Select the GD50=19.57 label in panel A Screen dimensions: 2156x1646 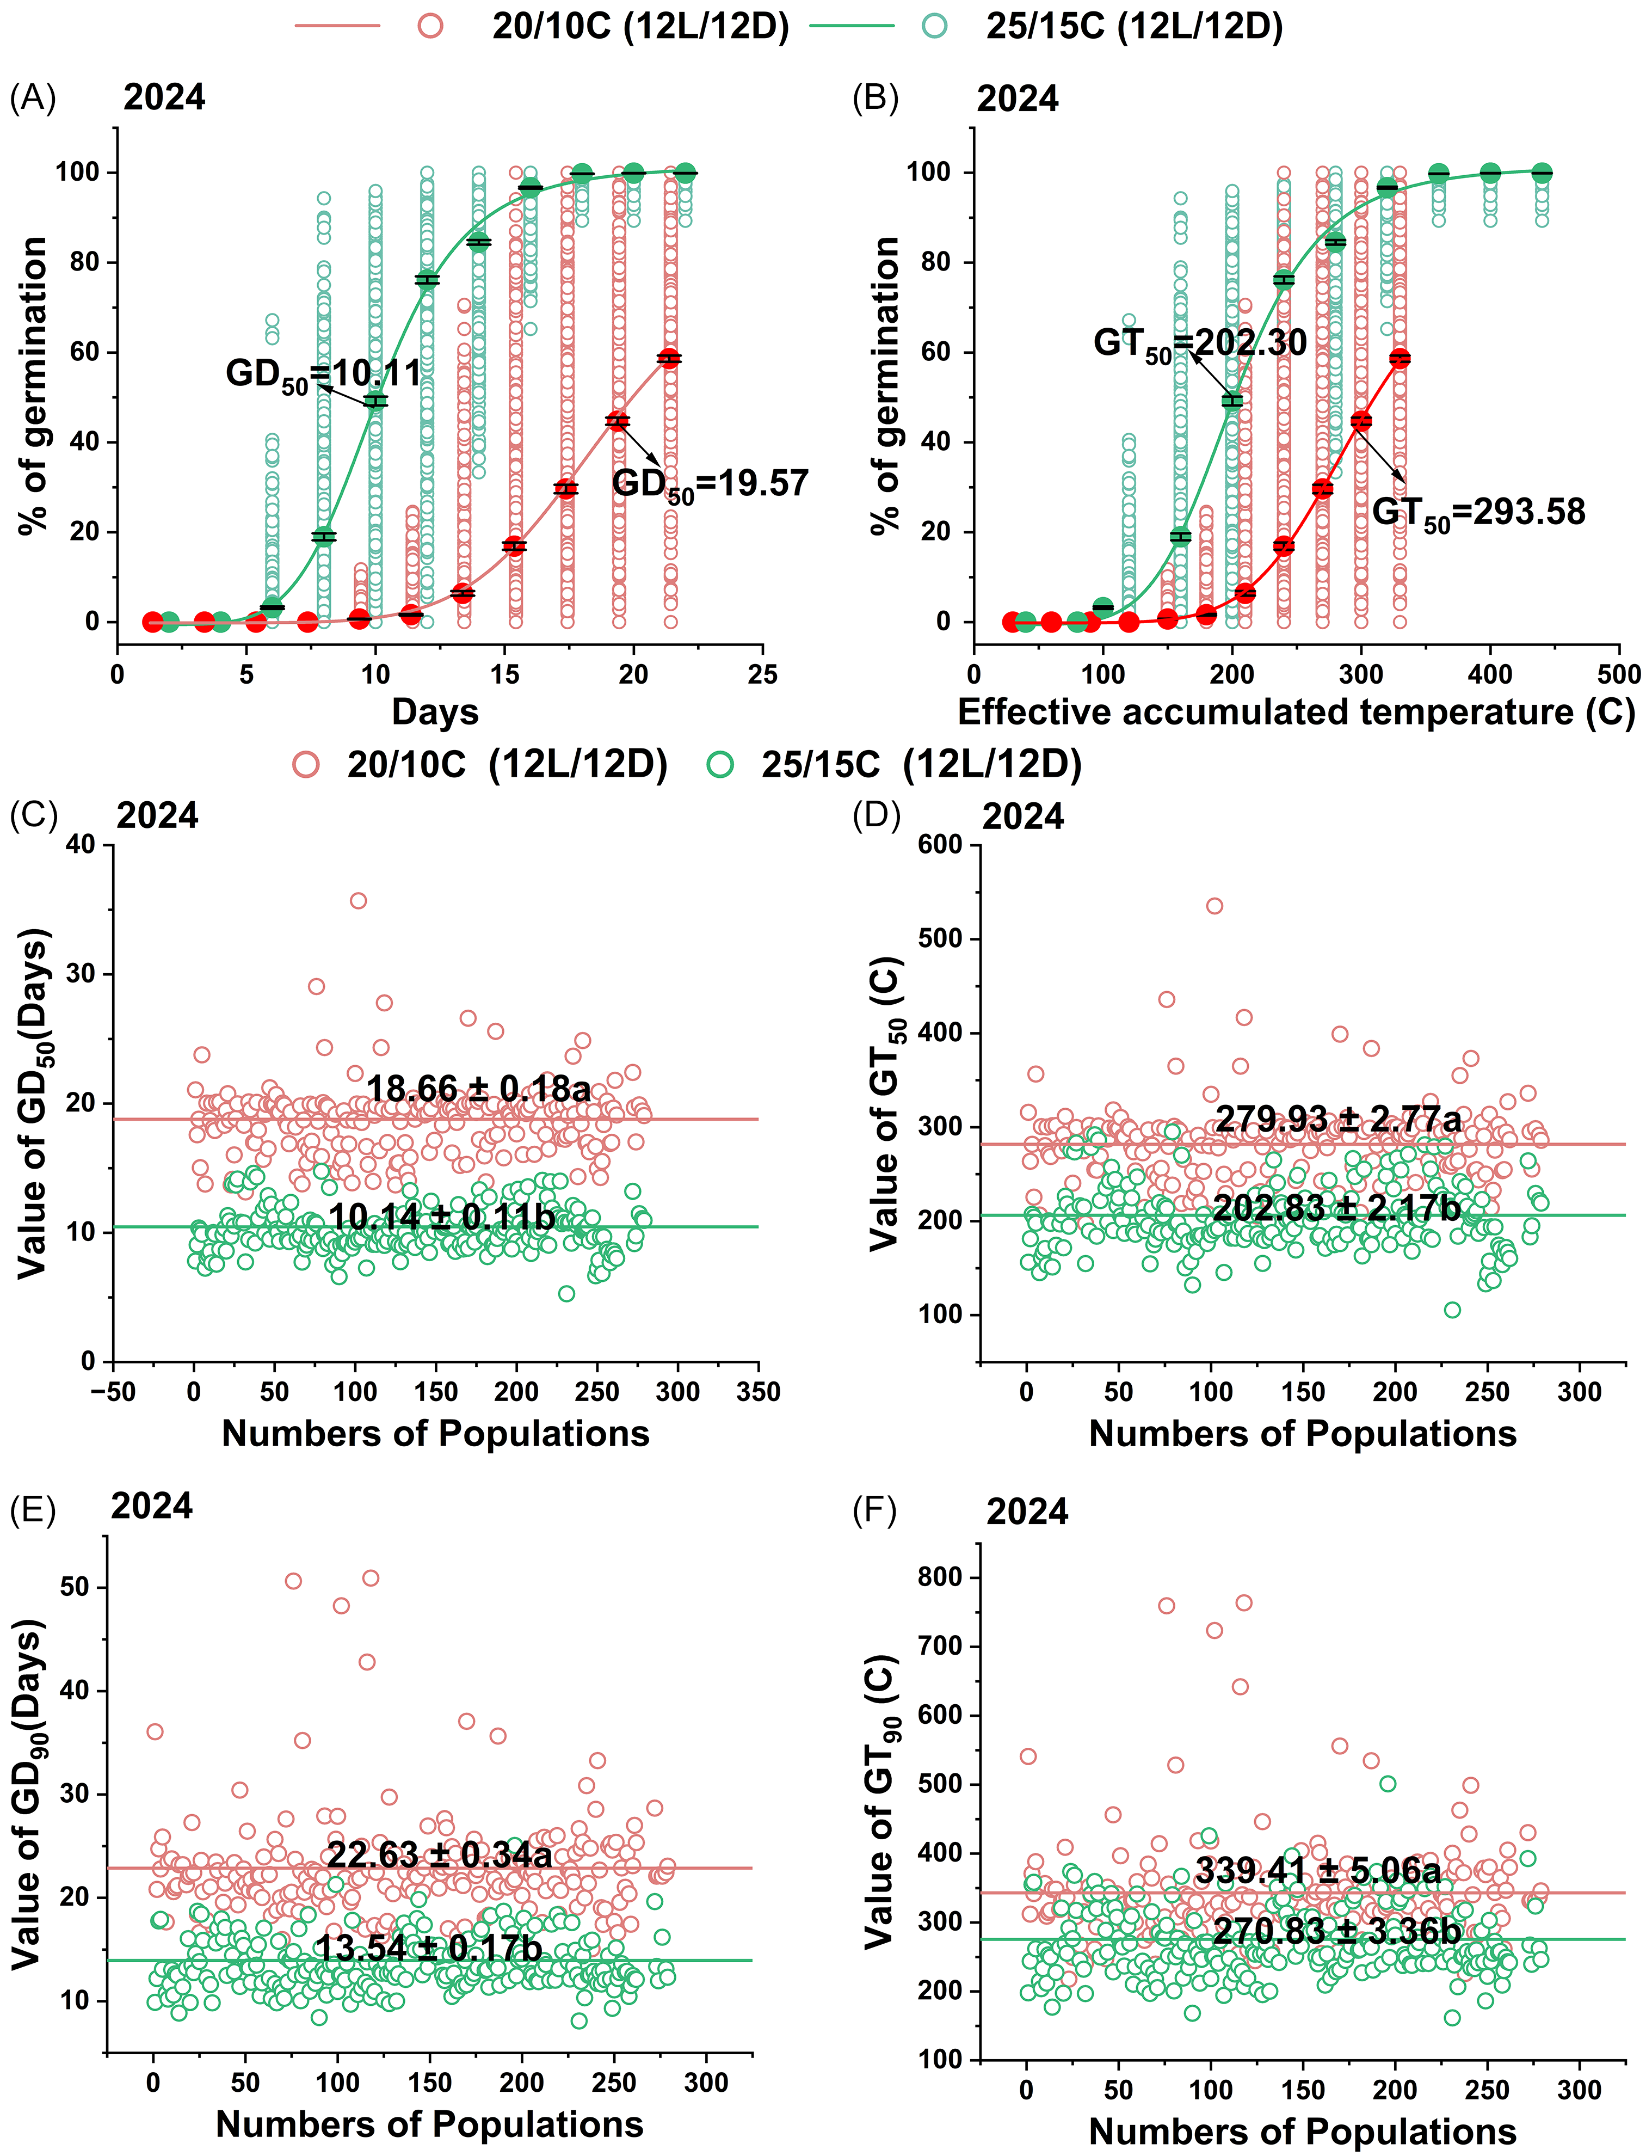click(710, 484)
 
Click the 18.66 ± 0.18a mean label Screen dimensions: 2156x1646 click(478, 1089)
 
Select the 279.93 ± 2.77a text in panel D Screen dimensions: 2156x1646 click(1339, 1119)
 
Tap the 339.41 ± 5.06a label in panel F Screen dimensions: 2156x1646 click(1318, 1871)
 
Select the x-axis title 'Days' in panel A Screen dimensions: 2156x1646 click(435, 711)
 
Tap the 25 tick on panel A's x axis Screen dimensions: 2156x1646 click(762, 674)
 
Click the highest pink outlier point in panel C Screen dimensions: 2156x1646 click(359, 901)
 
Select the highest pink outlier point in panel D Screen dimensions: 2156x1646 click(1215, 906)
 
